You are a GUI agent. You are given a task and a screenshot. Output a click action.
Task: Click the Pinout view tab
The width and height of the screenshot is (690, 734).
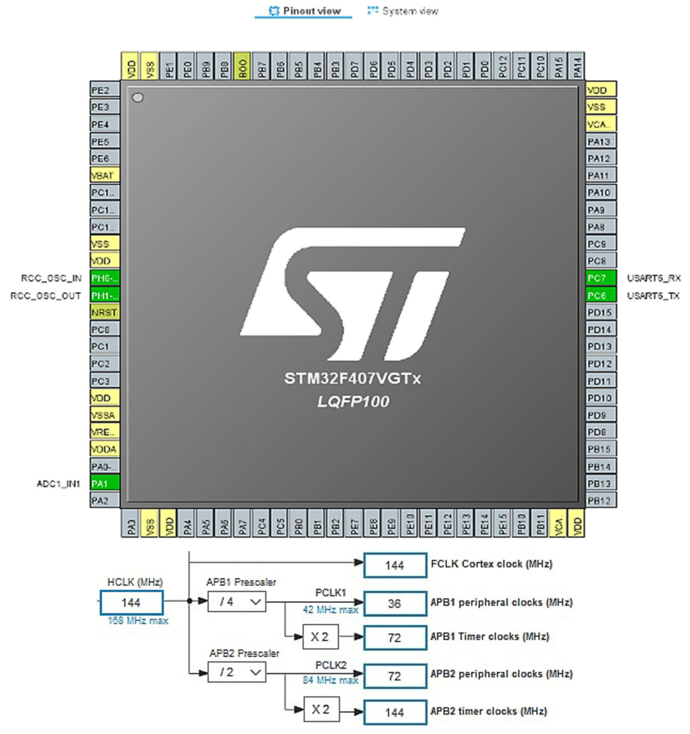tap(304, 11)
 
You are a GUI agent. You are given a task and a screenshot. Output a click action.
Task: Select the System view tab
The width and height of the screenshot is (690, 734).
tap(403, 11)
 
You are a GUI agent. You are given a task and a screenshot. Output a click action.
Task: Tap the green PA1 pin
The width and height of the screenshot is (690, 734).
tap(105, 483)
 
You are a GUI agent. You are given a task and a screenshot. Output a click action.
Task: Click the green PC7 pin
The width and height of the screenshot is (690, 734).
tap(600, 278)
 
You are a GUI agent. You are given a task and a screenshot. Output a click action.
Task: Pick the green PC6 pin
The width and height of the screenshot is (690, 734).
tap(600, 295)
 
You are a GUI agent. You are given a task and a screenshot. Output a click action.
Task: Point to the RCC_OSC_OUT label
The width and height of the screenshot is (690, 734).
tap(45, 296)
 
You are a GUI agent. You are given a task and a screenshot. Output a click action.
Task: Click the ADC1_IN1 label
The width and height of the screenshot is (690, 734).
tap(58, 484)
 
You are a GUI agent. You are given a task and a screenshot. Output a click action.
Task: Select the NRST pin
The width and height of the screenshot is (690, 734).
tap(105, 312)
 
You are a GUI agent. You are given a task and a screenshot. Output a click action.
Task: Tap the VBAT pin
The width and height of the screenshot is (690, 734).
tap(105, 175)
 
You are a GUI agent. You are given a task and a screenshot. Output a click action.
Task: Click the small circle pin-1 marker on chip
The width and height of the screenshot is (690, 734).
tap(138, 98)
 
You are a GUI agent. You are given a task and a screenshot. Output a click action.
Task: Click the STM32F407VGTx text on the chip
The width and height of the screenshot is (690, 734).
tap(352, 378)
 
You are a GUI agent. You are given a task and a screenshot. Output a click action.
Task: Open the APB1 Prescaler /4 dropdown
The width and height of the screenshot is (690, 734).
tap(237, 602)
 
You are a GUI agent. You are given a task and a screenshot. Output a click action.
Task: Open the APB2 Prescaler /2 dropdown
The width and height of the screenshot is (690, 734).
tap(237, 672)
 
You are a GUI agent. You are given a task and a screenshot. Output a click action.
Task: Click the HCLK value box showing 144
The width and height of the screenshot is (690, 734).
tap(131, 603)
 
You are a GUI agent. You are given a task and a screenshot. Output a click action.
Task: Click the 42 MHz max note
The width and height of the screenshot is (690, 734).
tap(330, 610)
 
